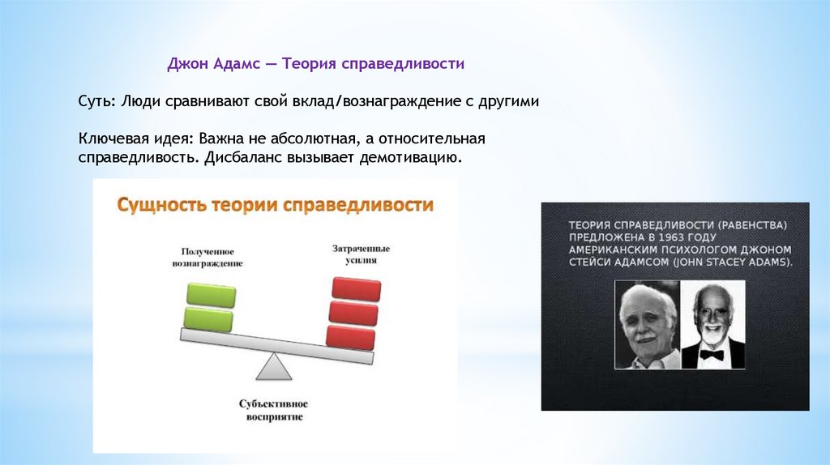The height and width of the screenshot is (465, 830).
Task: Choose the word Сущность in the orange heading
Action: coord(161,204)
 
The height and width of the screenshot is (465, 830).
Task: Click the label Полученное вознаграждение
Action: coord(207,257)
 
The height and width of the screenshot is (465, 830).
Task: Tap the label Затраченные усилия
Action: coord(361,254)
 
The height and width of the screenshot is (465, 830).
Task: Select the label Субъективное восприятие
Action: coord(273,410)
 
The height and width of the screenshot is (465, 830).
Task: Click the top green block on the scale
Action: coord(212,295)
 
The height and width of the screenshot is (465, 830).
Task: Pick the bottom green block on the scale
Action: coord(208,319)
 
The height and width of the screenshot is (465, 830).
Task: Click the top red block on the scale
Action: coord(357,289)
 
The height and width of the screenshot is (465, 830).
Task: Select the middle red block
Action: coord(353,314)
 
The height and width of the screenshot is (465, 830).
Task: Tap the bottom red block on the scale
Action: coord(350,338)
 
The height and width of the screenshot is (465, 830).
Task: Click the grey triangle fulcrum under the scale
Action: coord(274,366)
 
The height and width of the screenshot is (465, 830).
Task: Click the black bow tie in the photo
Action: coord(712,355)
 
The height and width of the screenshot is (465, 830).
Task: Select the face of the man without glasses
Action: coord(648,322)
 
